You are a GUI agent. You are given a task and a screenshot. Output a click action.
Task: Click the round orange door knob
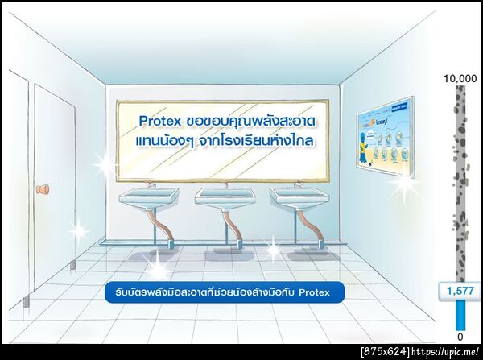pos(43,190)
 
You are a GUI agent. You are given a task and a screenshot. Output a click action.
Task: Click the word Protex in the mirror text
pos(159,121)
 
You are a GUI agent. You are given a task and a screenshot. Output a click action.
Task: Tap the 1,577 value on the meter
pos(460,290)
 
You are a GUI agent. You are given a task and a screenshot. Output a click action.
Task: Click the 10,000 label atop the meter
pos(460,78)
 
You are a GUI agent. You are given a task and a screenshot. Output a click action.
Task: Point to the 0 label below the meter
pos(460,336)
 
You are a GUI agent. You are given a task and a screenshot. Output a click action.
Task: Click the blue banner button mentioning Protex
pos(225,292)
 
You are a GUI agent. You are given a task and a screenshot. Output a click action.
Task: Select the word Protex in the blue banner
pos(315,292)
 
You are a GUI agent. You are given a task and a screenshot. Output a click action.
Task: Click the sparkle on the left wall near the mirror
pos(105,166)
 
